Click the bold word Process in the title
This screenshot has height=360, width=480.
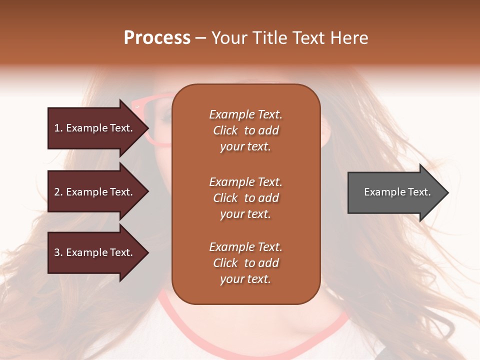tap(157, 38)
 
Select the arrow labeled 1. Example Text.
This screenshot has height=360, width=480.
tap(95, 128)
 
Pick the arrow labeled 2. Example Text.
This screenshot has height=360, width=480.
tap(95, 192)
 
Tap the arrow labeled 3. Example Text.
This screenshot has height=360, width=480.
tap(95, 252)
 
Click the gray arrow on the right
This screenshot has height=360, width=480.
tap(395, 192)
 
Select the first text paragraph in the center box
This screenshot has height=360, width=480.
tap(245, 130)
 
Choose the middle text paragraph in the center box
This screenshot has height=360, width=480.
tap(245, 198)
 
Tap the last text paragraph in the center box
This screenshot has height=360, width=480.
tap(245, 263)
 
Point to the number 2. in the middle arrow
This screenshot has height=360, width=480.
tap(58, 192)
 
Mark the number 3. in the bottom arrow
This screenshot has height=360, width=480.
tap(58, 252)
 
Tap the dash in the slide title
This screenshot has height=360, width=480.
tap(200, 38)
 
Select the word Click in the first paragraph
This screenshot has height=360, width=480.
tap(225, 130)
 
